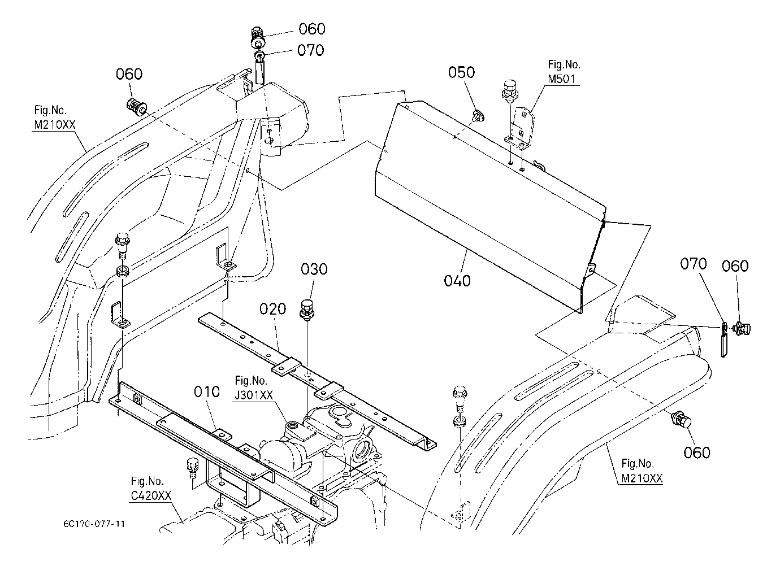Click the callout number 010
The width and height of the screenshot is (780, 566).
[207, 392]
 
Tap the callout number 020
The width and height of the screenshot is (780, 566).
[272, 309]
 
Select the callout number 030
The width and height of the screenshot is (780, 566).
[314, 269]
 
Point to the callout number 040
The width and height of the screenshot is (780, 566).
[457, 281]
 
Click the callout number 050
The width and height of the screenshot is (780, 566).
[461, 72]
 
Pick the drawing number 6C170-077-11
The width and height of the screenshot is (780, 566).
[94, 524]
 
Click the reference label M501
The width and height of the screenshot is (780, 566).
[562, 79]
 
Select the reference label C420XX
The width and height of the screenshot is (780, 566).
[151, 496]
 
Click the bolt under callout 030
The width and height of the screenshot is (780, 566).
[307, 309]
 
